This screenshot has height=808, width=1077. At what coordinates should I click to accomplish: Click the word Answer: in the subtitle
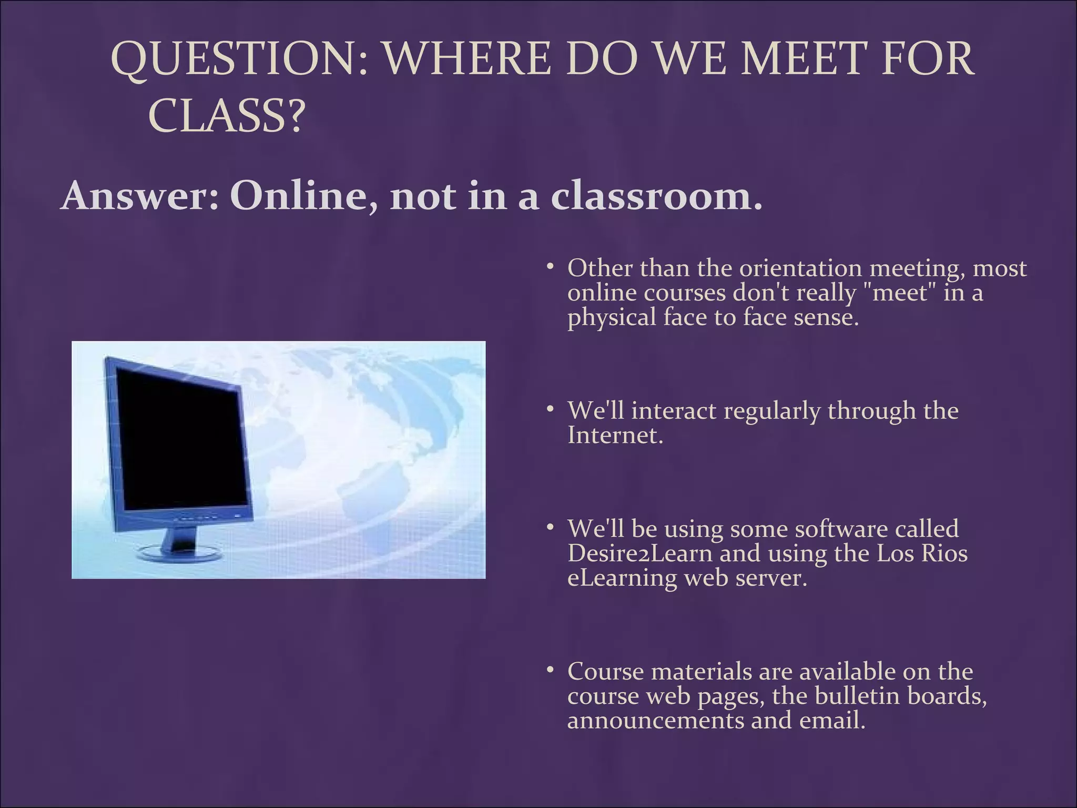tap(139, 196)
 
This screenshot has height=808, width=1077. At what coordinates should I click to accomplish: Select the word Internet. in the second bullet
tap(615, 436)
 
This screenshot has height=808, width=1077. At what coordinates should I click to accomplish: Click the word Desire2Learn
tap(640, 553)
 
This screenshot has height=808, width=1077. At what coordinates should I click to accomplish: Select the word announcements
tap(655, 720)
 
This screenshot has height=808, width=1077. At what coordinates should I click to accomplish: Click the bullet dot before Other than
tap(550, 267)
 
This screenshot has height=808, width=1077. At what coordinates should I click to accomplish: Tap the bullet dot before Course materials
tap(550, 670)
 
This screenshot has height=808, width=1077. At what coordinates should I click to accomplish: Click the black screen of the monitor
tap(179, 437)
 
